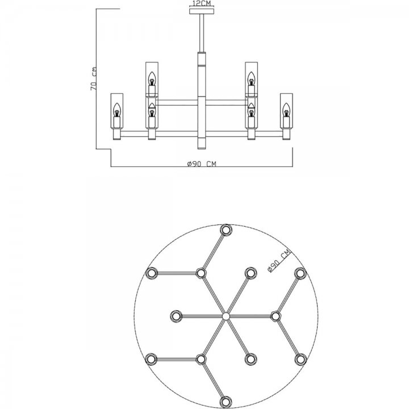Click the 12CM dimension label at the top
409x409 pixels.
click(201, 3)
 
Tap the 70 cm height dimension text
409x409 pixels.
click(94, 79)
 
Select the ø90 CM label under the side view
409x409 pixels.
click(202, 164)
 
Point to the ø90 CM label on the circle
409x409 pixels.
click(279, 261)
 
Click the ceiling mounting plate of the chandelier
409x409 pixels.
click(202, 11)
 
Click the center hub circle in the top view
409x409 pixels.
click(226, 316)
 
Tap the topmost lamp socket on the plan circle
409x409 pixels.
click(226, 230)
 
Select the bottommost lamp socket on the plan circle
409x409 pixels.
click(226, 402)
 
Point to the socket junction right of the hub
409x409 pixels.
click(276, 316)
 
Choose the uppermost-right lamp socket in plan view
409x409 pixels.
click(301, 273)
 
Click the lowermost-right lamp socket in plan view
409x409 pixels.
click(301, 360)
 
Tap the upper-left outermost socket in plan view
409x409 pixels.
click(151, 273)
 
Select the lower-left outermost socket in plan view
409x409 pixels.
click(151, 359)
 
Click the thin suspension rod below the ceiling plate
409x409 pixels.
click(202, 33)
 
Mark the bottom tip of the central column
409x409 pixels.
click(202, 149)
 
